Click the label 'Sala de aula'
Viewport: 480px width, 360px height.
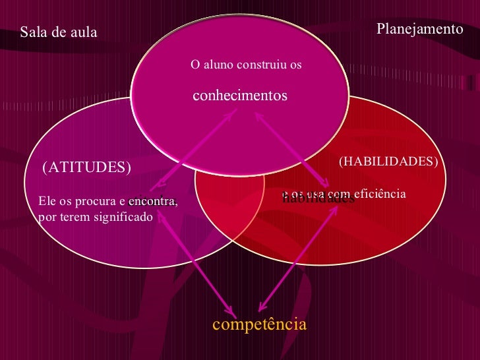coord(59,32)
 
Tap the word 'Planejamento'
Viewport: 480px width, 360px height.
coord(420,29)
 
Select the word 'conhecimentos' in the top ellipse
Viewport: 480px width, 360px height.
coord(240,96)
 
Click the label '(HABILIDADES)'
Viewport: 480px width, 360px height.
coord(388,161)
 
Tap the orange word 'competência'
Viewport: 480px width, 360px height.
coord(259,324)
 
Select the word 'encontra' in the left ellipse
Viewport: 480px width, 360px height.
coord(152,201)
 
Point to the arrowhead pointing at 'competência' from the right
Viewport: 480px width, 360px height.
coord(261,308)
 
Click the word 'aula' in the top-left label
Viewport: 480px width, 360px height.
coord(84,32)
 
